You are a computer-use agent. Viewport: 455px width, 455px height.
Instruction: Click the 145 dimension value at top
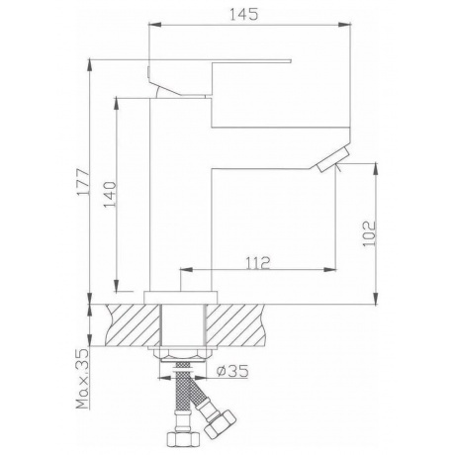click(x=243, y=15)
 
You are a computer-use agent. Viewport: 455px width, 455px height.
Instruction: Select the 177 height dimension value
click(x=83, y=183)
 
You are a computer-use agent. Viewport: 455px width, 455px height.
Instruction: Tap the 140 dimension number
click(x=110, y=195)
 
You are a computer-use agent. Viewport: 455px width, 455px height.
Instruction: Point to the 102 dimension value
click(x=369, y=233)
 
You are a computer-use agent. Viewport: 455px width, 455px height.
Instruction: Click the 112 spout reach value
click(x=258, y=263)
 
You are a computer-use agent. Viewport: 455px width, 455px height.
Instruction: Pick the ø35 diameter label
click(x=232, y=372)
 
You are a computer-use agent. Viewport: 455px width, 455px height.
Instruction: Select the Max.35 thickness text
click(x=83, y=379)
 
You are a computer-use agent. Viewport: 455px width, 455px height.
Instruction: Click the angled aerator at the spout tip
click(x=332, y=159)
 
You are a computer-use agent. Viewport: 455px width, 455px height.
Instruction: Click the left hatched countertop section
click(x=133, y=325)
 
